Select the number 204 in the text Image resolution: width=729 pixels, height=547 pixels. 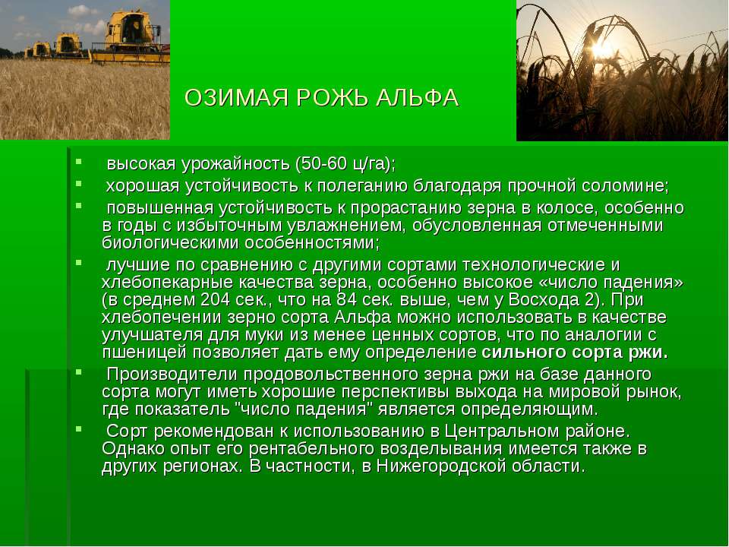point(215,299)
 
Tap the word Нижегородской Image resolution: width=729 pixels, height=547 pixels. point(440,466)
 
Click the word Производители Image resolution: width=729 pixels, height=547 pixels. point(172,374)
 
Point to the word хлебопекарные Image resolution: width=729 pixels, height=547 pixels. point(167,283)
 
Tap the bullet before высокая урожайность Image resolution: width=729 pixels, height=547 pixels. point(78,161)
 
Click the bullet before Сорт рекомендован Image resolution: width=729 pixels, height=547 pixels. point(78,428)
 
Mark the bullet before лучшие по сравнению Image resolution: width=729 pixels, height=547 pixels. point(78,262)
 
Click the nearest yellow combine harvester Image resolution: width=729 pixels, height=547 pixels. point(131,37)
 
